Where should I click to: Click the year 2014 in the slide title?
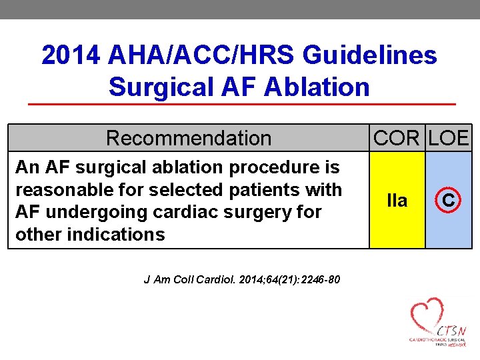pyautogui.click(x=71, y=55)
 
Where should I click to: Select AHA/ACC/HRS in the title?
pyautogui.click(x=199, y=55)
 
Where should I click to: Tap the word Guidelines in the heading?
pyautogui.click(x=369, y=55)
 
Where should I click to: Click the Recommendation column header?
pyautogui.click(x=189, y=138)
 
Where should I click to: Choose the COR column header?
pyautogui.click(x=397, y=138)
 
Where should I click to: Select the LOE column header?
pyautogui.click(x=449, y=138)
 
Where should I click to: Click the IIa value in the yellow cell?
pyautogui.click(x=397, y=201)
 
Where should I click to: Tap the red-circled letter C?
pyautogui.click(x=449, y=200)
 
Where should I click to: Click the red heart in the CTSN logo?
pyautogui.click(x=427, y=313)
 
